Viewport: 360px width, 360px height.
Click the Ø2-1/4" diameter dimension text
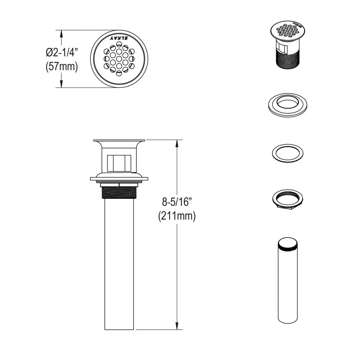click(x=61, y=52)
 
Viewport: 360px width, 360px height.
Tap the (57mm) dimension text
click(x=61, y=67)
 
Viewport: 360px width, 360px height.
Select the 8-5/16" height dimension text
click(x=177, y=202)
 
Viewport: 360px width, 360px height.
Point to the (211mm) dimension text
click(x=177, y=216)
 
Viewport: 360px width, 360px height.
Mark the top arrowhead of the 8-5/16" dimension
click(x=177, y=143)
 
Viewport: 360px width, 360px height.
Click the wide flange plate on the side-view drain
click(x=119, y=179)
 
